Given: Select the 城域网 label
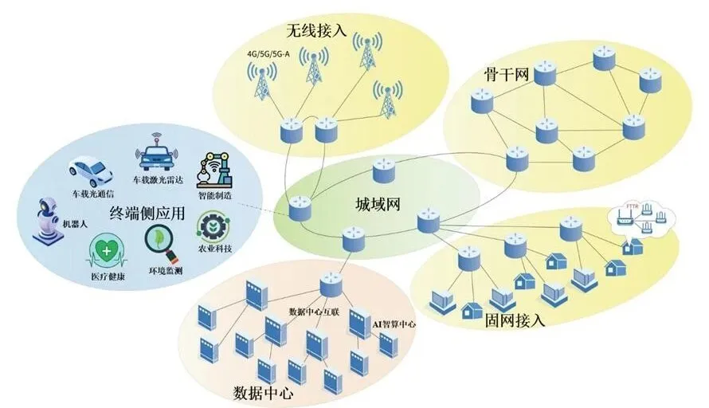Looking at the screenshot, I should coord(377,203).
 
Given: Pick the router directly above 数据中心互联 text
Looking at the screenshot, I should coord(331,285).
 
